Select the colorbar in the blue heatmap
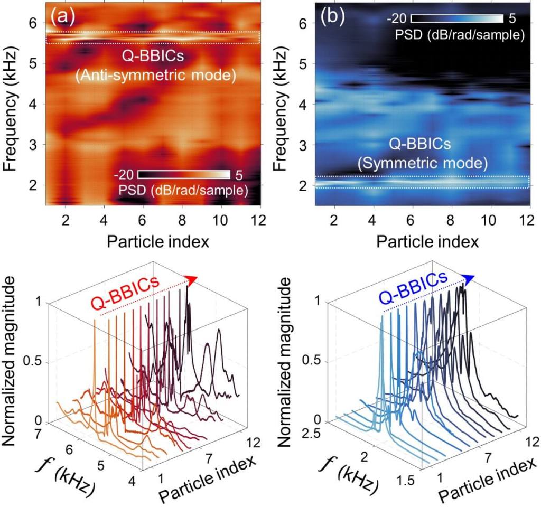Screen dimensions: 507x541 pyautogui.click(x=455, y=20)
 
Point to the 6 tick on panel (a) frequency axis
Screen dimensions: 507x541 pyautogui.click(x=34, y=23)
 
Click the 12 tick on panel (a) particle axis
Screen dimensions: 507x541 pyautogui.click(x=259, y=219)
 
